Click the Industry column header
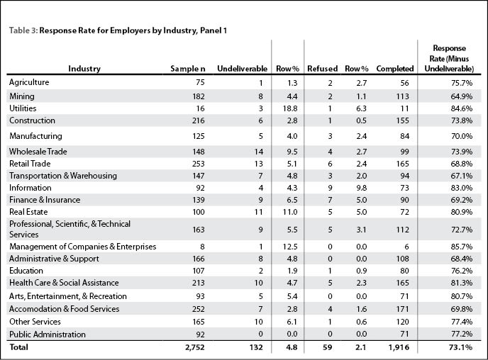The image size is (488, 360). pos(84,69)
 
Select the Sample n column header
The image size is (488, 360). pos(188,69)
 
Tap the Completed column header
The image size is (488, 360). pos(395,69)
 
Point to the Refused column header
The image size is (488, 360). pos(323,69)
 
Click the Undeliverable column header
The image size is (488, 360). pos(242,69)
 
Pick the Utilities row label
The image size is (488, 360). pos(23,108)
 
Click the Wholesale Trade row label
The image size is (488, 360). pos(38,152)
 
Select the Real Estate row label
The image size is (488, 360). pos(28,212)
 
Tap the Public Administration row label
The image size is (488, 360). pos(48,334)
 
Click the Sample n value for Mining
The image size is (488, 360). pos(199,96)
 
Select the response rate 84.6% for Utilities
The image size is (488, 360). pos(462,108)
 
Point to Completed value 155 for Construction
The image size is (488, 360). pos(403,120)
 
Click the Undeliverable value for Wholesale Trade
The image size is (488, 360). pos(259,152)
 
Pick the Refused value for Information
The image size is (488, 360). pos(330,188)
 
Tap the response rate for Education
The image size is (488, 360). pos(462,271)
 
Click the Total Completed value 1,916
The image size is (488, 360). pos(399,347)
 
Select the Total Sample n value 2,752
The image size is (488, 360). pos(195,347)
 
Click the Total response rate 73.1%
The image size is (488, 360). pos(461,347)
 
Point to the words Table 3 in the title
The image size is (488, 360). pos(23,30)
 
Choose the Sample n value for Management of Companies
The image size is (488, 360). pos(202,247)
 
